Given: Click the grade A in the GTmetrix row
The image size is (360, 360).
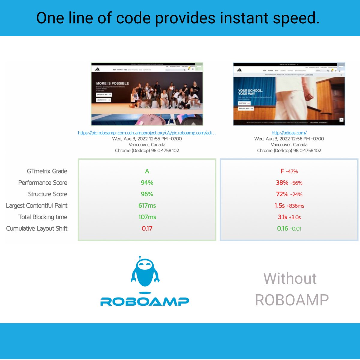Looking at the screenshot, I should (147, 171).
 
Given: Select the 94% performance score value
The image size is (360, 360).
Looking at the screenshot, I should (147, 183).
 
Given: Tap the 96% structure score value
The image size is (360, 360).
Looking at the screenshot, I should (147, 194).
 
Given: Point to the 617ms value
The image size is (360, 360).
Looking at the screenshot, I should (147, 205).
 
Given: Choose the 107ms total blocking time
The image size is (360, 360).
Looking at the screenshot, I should (147, 217).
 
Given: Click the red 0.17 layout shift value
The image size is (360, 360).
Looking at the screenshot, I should (147, 229).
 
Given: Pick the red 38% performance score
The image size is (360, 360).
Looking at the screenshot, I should (282, 183).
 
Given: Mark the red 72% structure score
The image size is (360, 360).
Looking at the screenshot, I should (282, 194).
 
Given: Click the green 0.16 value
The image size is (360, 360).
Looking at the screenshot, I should (283, 229).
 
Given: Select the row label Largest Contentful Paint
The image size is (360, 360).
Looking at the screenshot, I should (37, 205).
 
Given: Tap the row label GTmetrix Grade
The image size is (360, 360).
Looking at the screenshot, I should (47, 171).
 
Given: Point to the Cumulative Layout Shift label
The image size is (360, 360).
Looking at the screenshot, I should (37, 229).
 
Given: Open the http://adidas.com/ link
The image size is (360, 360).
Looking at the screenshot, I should (289, 133).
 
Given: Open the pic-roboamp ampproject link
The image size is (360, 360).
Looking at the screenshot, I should (147, 133).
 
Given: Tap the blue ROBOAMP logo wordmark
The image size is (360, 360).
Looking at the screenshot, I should (145, 301).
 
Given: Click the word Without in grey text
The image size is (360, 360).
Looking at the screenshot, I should (290, 278).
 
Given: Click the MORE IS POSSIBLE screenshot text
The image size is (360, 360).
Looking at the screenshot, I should (112, 83).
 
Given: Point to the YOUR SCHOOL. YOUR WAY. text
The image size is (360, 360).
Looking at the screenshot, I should (250, 92).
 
